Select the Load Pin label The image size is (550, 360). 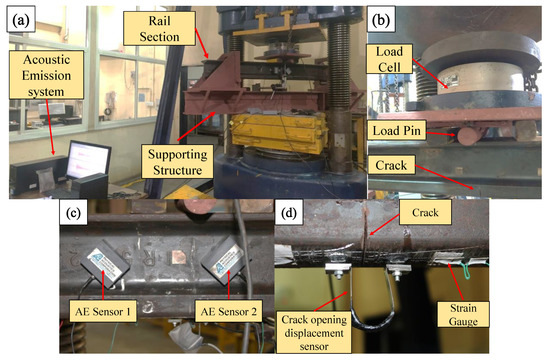pyautogui.click(x=401, y=127)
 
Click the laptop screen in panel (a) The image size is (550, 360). pyautogui.click(x=87, y=159)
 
